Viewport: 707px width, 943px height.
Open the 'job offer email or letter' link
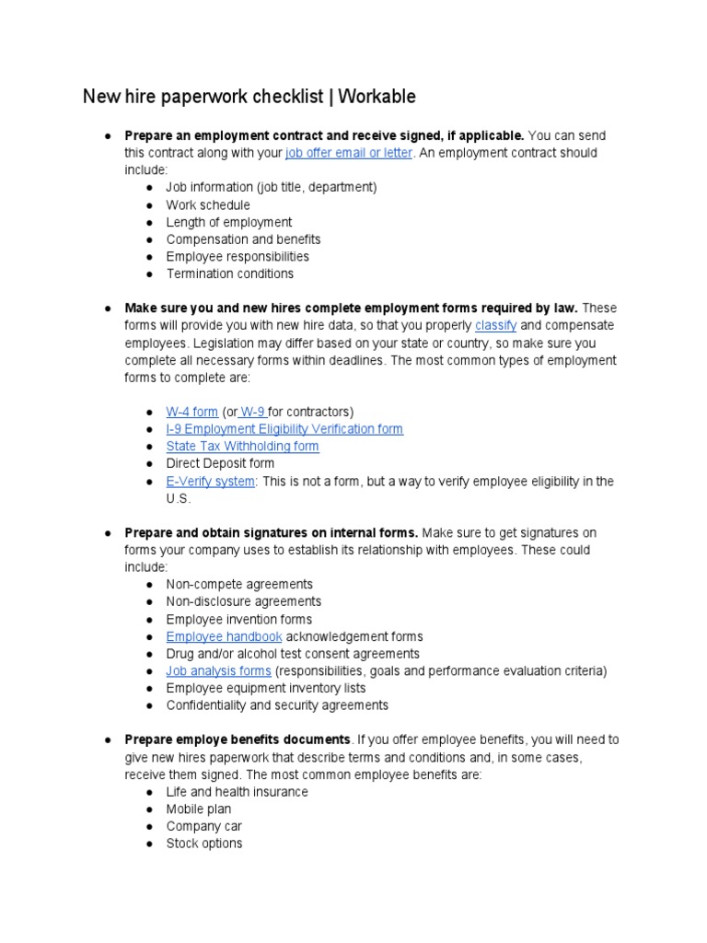[x=349, y=153]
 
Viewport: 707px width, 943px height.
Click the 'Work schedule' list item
[x=208, y=205]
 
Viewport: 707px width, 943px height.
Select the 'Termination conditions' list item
[x=230, y=274]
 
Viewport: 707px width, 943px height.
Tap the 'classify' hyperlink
[x=495, y=326]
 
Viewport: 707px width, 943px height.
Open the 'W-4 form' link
[x=191, y=412]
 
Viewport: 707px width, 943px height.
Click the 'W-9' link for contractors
[x=252, y=412]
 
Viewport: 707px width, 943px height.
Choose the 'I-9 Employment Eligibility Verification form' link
[x=284, y=429]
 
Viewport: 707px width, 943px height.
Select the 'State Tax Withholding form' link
[x=242, y=447]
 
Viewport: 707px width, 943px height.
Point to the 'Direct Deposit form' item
[x=220, y=464]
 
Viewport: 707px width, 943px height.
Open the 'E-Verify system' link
[x=210, y=482]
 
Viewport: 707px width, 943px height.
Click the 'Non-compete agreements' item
[x=239, y=585]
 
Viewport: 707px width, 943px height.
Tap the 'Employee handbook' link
[x=224, y=636]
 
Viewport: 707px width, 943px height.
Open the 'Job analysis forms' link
[x=218, y=671]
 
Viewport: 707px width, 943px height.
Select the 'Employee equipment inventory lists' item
[x=266, y=688]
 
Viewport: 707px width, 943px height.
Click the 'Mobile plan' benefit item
[x=199, y=809]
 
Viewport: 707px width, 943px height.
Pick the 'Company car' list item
[x=204, y=826]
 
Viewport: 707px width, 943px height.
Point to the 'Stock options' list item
[x=204, y=844]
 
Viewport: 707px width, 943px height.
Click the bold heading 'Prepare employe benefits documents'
[x=238, y=739]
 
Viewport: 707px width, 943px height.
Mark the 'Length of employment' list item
[x=229, y=222]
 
